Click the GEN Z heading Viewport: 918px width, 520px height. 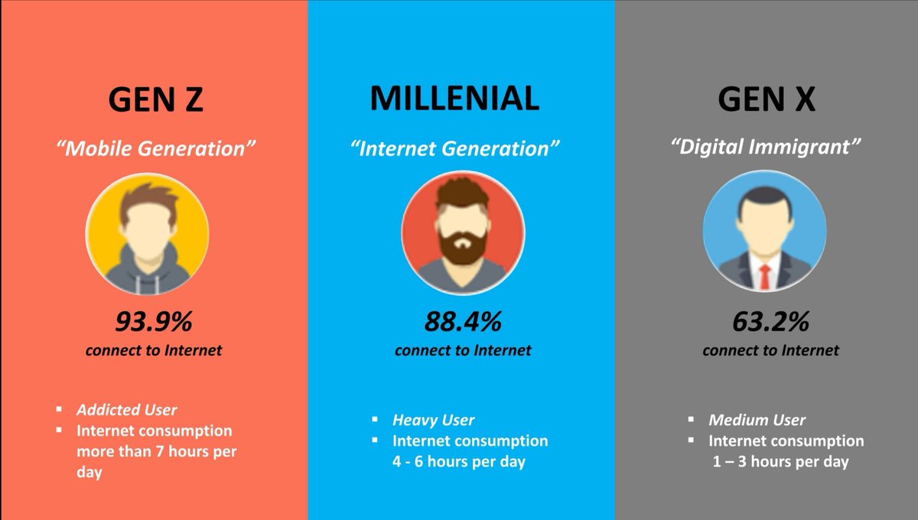point(156,99)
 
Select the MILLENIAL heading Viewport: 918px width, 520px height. point(454,99)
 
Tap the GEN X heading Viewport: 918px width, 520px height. point(767,99)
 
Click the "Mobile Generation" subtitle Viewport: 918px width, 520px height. point(156,148)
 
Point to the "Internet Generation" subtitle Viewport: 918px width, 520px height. point(455,148)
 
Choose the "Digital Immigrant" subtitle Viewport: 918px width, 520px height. point(766,147)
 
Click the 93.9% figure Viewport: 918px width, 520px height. point(154,321)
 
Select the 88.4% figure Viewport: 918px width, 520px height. point(463,321)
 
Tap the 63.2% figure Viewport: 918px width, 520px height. point(771,321)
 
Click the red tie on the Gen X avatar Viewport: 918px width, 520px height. point(765,277)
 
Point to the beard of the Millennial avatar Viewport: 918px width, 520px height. point(463,247)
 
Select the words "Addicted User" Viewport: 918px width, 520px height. point(127,410)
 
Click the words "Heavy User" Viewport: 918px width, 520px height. point(433,420)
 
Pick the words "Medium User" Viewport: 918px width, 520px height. point(757,420)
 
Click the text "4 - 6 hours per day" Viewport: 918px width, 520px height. point(458,462)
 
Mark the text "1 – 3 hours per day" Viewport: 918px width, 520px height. point(781,462)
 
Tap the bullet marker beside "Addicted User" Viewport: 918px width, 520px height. point(59,409)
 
